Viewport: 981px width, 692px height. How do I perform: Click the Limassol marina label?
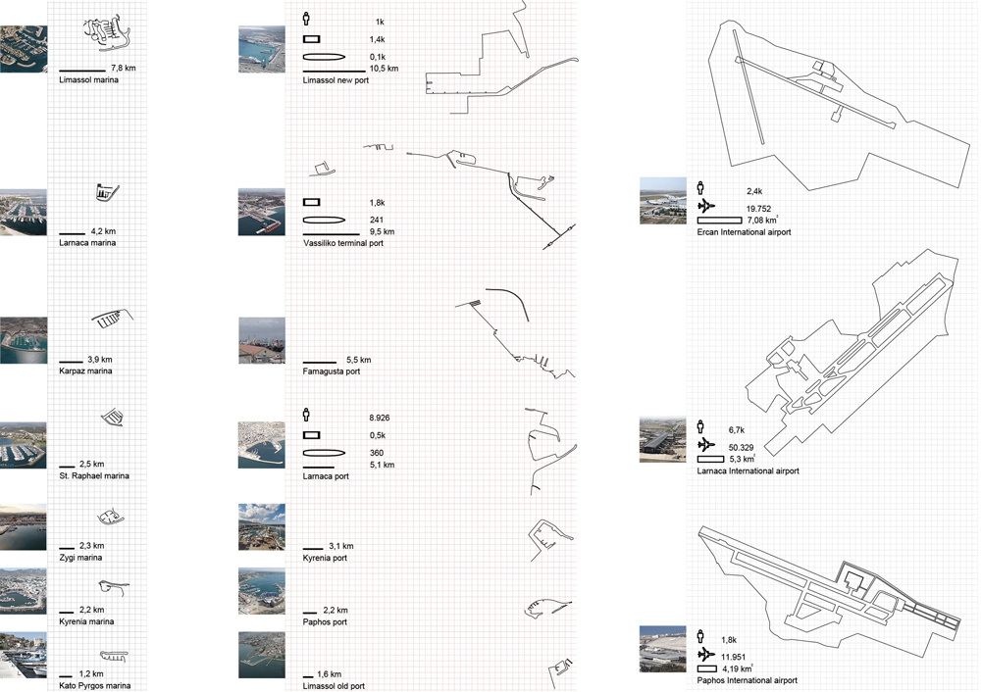pos(89,80)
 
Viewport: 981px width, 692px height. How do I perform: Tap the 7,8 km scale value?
pos(124,69)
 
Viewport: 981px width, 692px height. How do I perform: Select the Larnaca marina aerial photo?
pos(24,213)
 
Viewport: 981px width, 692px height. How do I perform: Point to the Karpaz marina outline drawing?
pos(112,319)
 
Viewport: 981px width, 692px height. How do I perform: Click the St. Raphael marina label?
pos(94,475)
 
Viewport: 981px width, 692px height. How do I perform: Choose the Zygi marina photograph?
pos(24,527)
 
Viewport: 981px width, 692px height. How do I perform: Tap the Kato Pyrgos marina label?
pos(95,686)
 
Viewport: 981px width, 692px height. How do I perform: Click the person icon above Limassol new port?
pos(306,18)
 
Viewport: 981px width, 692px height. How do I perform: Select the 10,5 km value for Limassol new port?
pos(385,69)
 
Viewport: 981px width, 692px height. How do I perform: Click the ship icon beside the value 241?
pos(324,220)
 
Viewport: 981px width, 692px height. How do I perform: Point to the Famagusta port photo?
pos(262,341)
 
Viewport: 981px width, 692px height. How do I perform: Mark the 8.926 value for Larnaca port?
pos(379,419)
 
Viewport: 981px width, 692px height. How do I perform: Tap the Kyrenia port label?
pos(325,559)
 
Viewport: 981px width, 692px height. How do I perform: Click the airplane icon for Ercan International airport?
pos(705,206)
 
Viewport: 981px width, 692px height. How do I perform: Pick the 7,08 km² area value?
pos(762,220)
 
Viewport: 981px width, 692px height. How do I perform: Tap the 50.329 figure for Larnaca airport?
pos(742,448)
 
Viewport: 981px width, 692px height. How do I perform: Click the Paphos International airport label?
pos(747,681)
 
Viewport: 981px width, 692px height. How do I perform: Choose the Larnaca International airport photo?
pos(662,441)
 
